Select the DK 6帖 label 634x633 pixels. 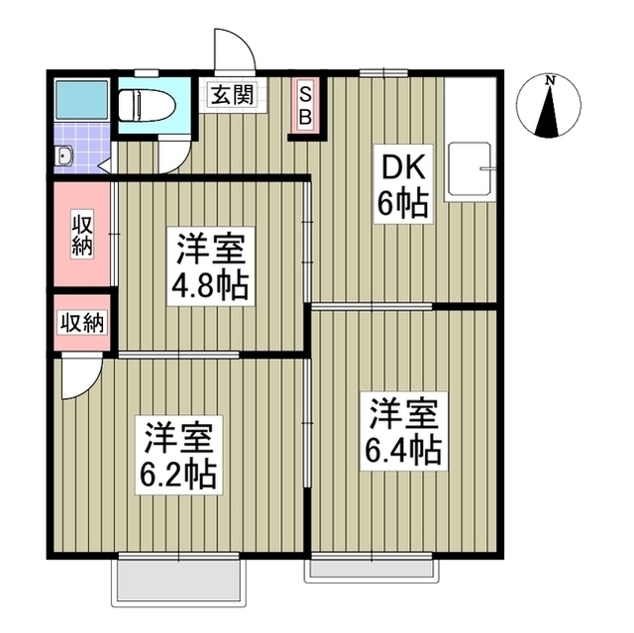tap(401, 186)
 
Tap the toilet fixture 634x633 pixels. tap(145, 103)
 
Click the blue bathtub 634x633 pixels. tap(76, 100)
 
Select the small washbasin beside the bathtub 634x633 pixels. tap(65, 155)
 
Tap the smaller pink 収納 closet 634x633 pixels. tap(82, 322)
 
